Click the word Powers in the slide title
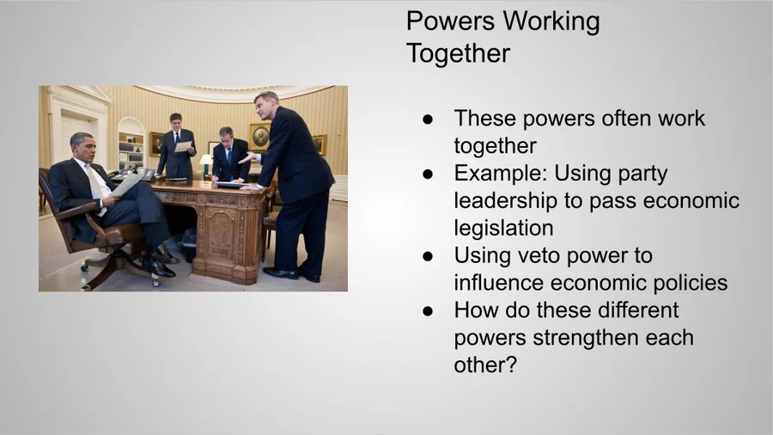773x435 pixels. pyautogui.click(x=450, y=21)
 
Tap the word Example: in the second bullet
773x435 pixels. pyautogui.click(x=501, y=174)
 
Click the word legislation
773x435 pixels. pyautogui.click(x=503, y=228)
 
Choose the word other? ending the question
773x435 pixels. pyautogui.click(x=485, y=365)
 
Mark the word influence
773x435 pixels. pyautogui.click(x=499, y=283)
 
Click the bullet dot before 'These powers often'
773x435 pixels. pyautogui.click(x=428, y=119)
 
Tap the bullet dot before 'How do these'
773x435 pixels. pyautogui.click(x=428, y=311)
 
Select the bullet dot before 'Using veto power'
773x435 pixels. pyautogui.click(x=428, y=256)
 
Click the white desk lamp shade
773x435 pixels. pyautogui.click(x=205, y=158)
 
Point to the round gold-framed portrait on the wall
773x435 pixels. pyautogui.click(x=259, y=137)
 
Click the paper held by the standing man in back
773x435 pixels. pyautogui.click(x=183, y=146)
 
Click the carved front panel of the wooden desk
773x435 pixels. pyautogui.click(x=222, y=236)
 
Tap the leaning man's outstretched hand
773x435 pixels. pyautogui.click(x=247, y=158)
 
